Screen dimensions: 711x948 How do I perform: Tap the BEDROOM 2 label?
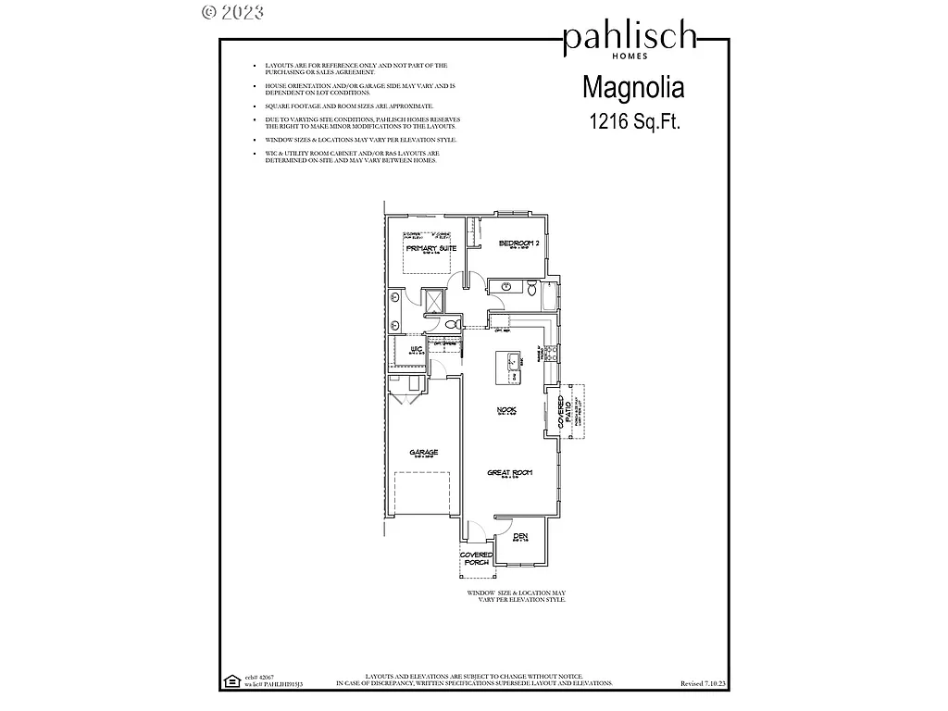tap(519, 243)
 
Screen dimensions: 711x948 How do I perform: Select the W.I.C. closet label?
tap(417, 349)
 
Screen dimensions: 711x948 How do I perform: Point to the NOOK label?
tap(505, 410)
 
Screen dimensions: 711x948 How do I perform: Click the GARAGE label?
tap(424, 453)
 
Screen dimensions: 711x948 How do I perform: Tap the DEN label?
tap(521, 536)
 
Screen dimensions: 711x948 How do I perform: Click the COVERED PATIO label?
tap(562, 411)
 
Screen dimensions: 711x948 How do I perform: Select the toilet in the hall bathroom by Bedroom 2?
tap(531, 290)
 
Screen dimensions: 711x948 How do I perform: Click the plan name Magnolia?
tap(633, 88)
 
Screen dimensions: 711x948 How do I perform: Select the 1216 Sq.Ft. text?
tap(634, 121)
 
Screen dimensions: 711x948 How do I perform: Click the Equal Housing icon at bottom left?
tap(231, 682)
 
